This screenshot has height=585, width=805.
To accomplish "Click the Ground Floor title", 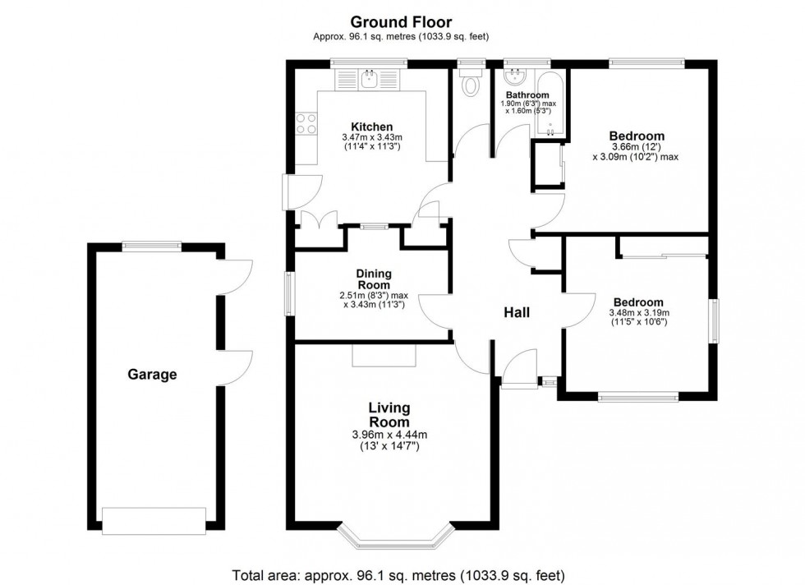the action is tap(401, 22).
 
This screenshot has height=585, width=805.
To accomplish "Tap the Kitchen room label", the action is tap(371, 127).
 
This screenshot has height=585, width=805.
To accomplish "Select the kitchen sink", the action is tap(369, 79).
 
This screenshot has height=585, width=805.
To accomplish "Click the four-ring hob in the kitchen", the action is tap(306, 124).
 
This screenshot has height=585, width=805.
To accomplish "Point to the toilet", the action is tap(470, 82).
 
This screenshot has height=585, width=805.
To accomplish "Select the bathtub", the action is tap(550, 104).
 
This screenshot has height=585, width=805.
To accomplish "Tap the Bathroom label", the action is tap(527, 95).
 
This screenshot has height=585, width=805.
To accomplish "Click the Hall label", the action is tap(517, 312).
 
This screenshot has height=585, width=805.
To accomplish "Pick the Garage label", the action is tap(152, 375).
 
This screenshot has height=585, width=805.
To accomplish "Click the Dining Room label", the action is tap(374, 279).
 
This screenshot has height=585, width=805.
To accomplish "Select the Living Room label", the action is tap(389, 415).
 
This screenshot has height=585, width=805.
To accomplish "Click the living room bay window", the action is tap(396, 537).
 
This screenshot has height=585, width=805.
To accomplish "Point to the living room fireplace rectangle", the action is tap(384, 355).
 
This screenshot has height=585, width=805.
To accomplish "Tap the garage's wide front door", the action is tap(154, 521).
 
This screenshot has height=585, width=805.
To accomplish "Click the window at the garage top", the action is tap(151, 246).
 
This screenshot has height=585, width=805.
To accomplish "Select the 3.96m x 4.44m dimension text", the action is tap(389, 435).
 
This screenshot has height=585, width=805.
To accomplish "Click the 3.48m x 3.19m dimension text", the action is tap(639, 312).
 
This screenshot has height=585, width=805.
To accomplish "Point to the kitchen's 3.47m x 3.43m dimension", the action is tap(371, 138).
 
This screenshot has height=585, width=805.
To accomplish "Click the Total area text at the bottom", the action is tap(398, 574).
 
